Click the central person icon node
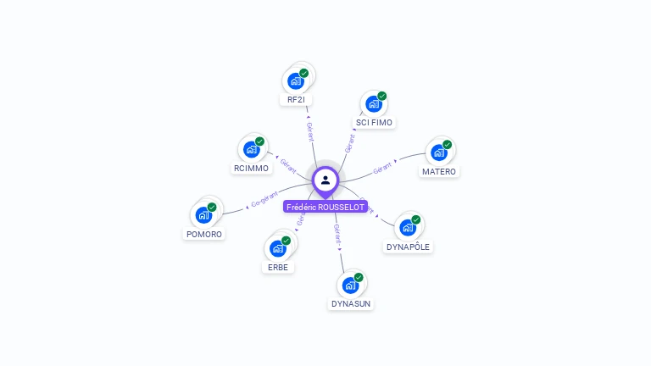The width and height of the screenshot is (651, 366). [x=325, y=180]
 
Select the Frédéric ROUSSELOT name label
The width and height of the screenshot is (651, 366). [x=325, y=207]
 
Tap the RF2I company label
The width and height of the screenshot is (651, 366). [x=296, y=100]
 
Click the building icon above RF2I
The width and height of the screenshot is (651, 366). [x=296, y=80]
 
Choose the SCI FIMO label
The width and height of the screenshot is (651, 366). [x=374, y=123]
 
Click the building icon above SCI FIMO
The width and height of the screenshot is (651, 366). [x=374, y=104]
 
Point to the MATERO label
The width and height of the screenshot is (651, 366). [x=439, y=171]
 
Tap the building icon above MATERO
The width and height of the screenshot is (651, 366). [x=439, y=152]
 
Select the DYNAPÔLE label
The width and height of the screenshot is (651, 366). [x=408, y=247]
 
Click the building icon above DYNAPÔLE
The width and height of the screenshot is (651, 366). [x=408, y=228]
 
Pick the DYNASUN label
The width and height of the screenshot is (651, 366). [x=351, y=303]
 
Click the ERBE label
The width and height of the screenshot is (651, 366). [x=278, y=267]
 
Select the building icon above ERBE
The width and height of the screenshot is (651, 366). [x=278, y=248]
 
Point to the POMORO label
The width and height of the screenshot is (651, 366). [x=204, y=234]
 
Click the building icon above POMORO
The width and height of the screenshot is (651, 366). [x=204, y=215]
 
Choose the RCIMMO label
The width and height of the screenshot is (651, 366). [x=251, y=168]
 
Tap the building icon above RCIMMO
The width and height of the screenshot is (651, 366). [x=251, y=149]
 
